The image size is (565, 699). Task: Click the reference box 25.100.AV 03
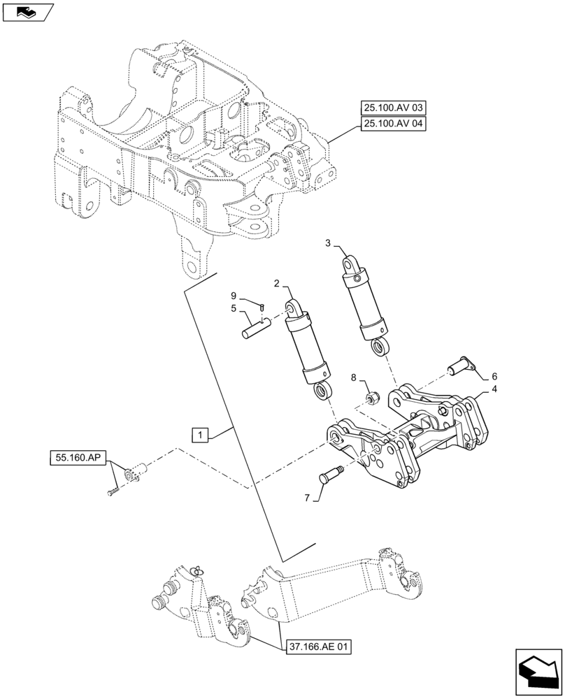[394, 108]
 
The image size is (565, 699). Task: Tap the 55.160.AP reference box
[77, 459]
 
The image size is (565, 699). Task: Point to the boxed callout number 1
[200, 435]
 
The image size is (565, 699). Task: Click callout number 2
[277, 284]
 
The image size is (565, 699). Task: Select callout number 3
[328, 243]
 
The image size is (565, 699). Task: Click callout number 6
[494, 375]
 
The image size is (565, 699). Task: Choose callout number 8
[354, 377]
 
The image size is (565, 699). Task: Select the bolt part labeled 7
[330, 478]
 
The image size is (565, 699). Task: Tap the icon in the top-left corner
[26, 11]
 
